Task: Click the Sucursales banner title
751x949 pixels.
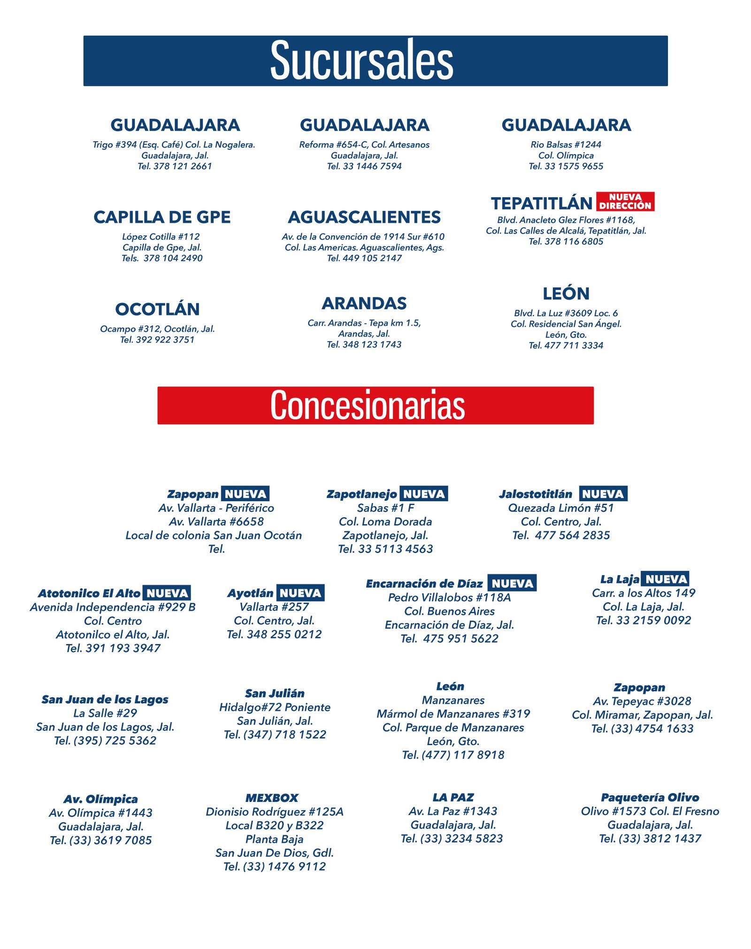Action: click(361, 61)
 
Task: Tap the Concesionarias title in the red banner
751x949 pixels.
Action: click(368, 405)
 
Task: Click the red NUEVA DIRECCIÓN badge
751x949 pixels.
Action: click(625, 202)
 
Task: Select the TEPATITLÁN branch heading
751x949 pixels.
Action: click(541, 203)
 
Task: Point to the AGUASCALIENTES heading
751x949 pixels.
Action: click(364, 217)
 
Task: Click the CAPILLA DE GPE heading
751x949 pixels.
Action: click(162, 217)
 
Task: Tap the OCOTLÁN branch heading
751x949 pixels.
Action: click(157, 309)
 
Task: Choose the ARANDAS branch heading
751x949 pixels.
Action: click(364, 303)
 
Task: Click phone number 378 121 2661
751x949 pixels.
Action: click(182, 166)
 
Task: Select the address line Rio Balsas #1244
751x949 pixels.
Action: click(566, 145)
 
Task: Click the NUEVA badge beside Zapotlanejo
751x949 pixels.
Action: click(424, 494)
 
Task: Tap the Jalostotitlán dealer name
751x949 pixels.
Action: click(536, 494)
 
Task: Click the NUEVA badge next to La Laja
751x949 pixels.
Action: click(666, 579)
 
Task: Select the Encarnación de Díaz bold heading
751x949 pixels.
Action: click(424, 583)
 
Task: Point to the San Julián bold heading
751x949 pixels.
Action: click(275, 693)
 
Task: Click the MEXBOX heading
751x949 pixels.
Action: click(272, 798)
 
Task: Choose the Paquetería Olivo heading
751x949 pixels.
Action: click(650, 797)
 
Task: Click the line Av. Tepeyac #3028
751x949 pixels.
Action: click(642, 701)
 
